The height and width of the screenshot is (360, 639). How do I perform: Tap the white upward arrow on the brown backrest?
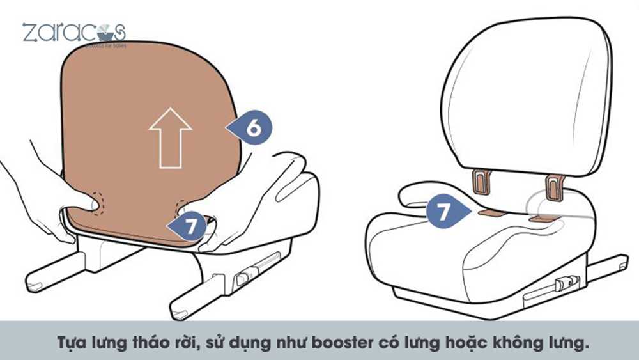[x=170, y=137]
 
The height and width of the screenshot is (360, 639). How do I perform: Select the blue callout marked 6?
[x=251, y=128]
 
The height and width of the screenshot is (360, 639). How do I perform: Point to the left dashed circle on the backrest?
[x=95, y=203]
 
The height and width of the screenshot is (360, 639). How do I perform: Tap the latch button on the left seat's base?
[x=243, y=279]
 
